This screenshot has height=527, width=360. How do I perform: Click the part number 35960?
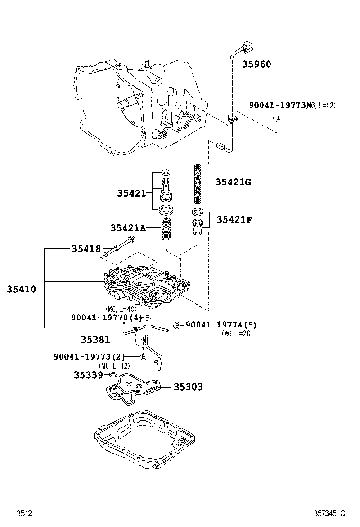257,64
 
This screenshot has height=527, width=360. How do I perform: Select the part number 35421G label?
233,182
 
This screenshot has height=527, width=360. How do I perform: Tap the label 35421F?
234,219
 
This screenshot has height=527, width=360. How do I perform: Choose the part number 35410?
21,288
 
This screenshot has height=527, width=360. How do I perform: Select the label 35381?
95,339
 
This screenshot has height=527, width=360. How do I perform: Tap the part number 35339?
88,374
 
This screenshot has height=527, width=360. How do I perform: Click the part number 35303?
188,387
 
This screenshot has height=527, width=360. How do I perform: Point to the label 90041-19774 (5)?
220,325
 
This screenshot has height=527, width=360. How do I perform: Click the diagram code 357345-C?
330,513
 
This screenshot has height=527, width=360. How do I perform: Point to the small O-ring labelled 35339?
113,375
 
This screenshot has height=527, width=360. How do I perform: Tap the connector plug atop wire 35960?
246,47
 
